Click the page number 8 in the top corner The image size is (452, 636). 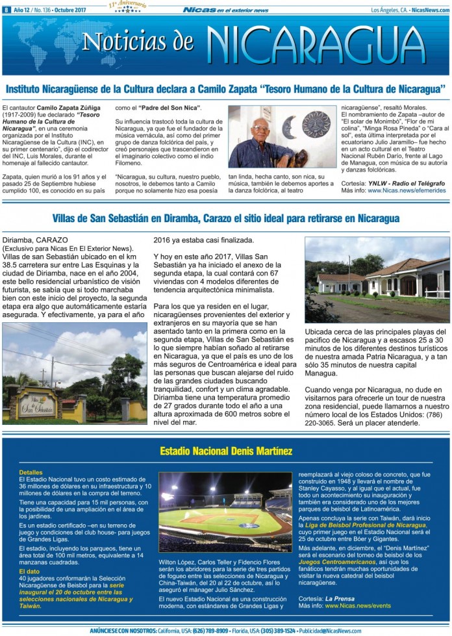click(6, 10)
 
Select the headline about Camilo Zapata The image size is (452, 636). click(225, 88)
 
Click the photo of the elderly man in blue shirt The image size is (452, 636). click(282, 137)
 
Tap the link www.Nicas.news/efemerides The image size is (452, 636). click(406, 191)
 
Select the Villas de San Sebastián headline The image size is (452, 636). click(225, 219)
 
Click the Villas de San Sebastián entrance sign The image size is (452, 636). click(37, 405)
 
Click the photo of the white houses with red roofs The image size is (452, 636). click(377, 280)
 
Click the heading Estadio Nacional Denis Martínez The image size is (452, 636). click(226, 450)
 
